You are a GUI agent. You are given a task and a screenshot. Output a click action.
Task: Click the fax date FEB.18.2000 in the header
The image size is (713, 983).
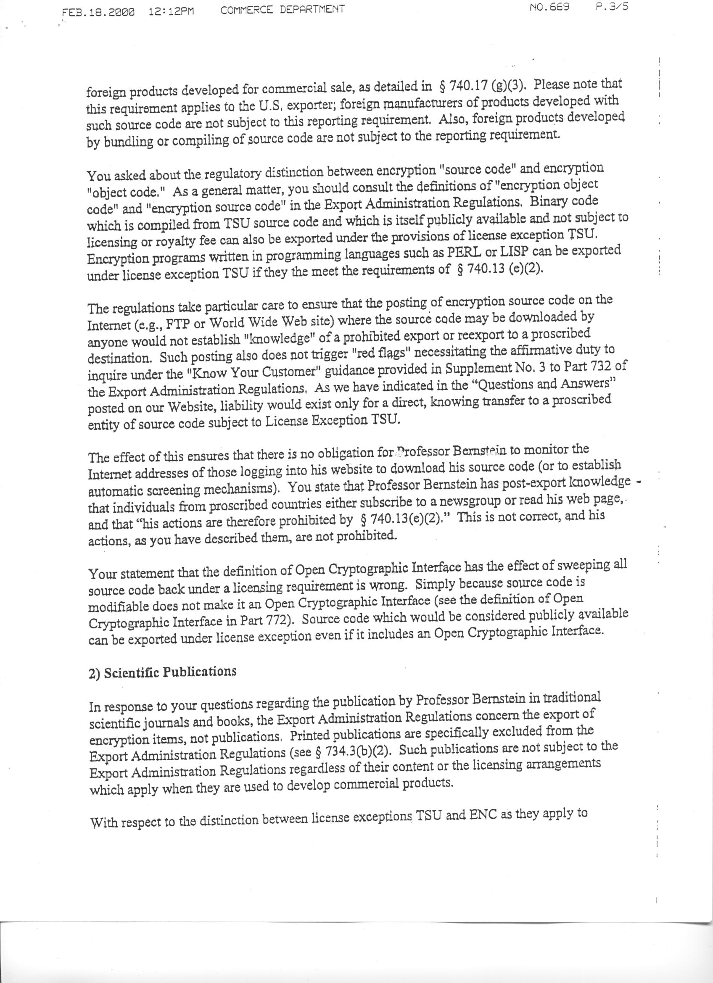pos(98,12)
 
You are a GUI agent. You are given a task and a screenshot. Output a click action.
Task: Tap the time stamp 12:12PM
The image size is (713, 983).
pos(171,11)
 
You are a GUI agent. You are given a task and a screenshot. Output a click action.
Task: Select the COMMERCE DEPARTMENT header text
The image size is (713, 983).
pos(282,9)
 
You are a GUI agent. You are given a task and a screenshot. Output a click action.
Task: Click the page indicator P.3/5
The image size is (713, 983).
pos(612,7)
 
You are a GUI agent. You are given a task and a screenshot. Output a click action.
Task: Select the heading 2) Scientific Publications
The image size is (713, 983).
pos(163,673)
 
